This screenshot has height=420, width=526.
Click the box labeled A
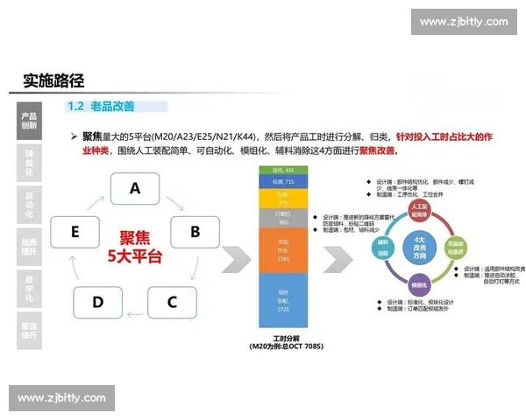pyautogui.click(x=134, y=188)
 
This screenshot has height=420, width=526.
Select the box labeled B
pyautogui.click(x=195, y=232)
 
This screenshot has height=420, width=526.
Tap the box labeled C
pyautogui.click(x=172, y=303)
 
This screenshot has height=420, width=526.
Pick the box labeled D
pyautogui.click(x=97, y=303)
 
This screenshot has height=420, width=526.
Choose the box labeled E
pyautogui.click(x=75, y=232)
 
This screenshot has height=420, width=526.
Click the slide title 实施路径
pyautogui.click(x=53, y=80)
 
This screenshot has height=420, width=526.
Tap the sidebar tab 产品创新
pyautogui.click(x=29, y=120)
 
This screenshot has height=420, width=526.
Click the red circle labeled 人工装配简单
pyautogui.click(x=420, y=213)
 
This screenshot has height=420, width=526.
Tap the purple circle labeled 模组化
pyautogui.click(x=419, y=285)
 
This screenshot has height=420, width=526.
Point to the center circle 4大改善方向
pyautogui.click(x=419, y=248)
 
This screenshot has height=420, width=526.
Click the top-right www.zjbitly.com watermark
pyautogui.click(x=464, y=22)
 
